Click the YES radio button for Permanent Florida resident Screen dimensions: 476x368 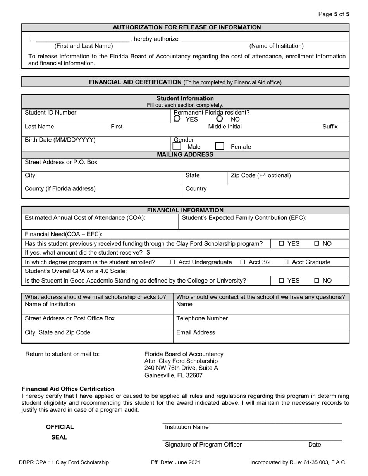[x=177, y=119]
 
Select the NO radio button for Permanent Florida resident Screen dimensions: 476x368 [x=220, y=119]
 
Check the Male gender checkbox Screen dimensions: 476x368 [x=177, y=146]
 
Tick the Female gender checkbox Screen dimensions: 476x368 [x=219, y=146]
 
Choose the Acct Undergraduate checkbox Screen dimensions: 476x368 [x=173, y=262]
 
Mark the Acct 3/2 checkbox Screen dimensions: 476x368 [x=243, y=262]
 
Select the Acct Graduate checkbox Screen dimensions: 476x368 [x=286, y=262]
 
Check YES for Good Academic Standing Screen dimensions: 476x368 [x=282, y=281]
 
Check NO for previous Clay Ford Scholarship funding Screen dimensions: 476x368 [x=317, y=243]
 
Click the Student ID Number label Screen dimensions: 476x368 [x=51, y=113]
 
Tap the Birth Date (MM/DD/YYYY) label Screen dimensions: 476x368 [x=60, y=140]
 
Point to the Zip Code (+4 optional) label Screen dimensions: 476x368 [x=261, y=175]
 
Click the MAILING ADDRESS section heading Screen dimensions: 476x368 [x=185, y=154]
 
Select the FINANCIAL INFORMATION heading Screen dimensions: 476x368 [x=185, y=210]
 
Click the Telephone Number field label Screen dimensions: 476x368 [x=202, y=318]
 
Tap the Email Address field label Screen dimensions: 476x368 [x=196, y=332]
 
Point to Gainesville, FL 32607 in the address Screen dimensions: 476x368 [x=173, y=375]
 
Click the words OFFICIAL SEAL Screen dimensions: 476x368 [x=60, y=432]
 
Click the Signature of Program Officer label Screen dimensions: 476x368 [x=203, y=444]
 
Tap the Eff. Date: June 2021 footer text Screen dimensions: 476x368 [x=175, y=462]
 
